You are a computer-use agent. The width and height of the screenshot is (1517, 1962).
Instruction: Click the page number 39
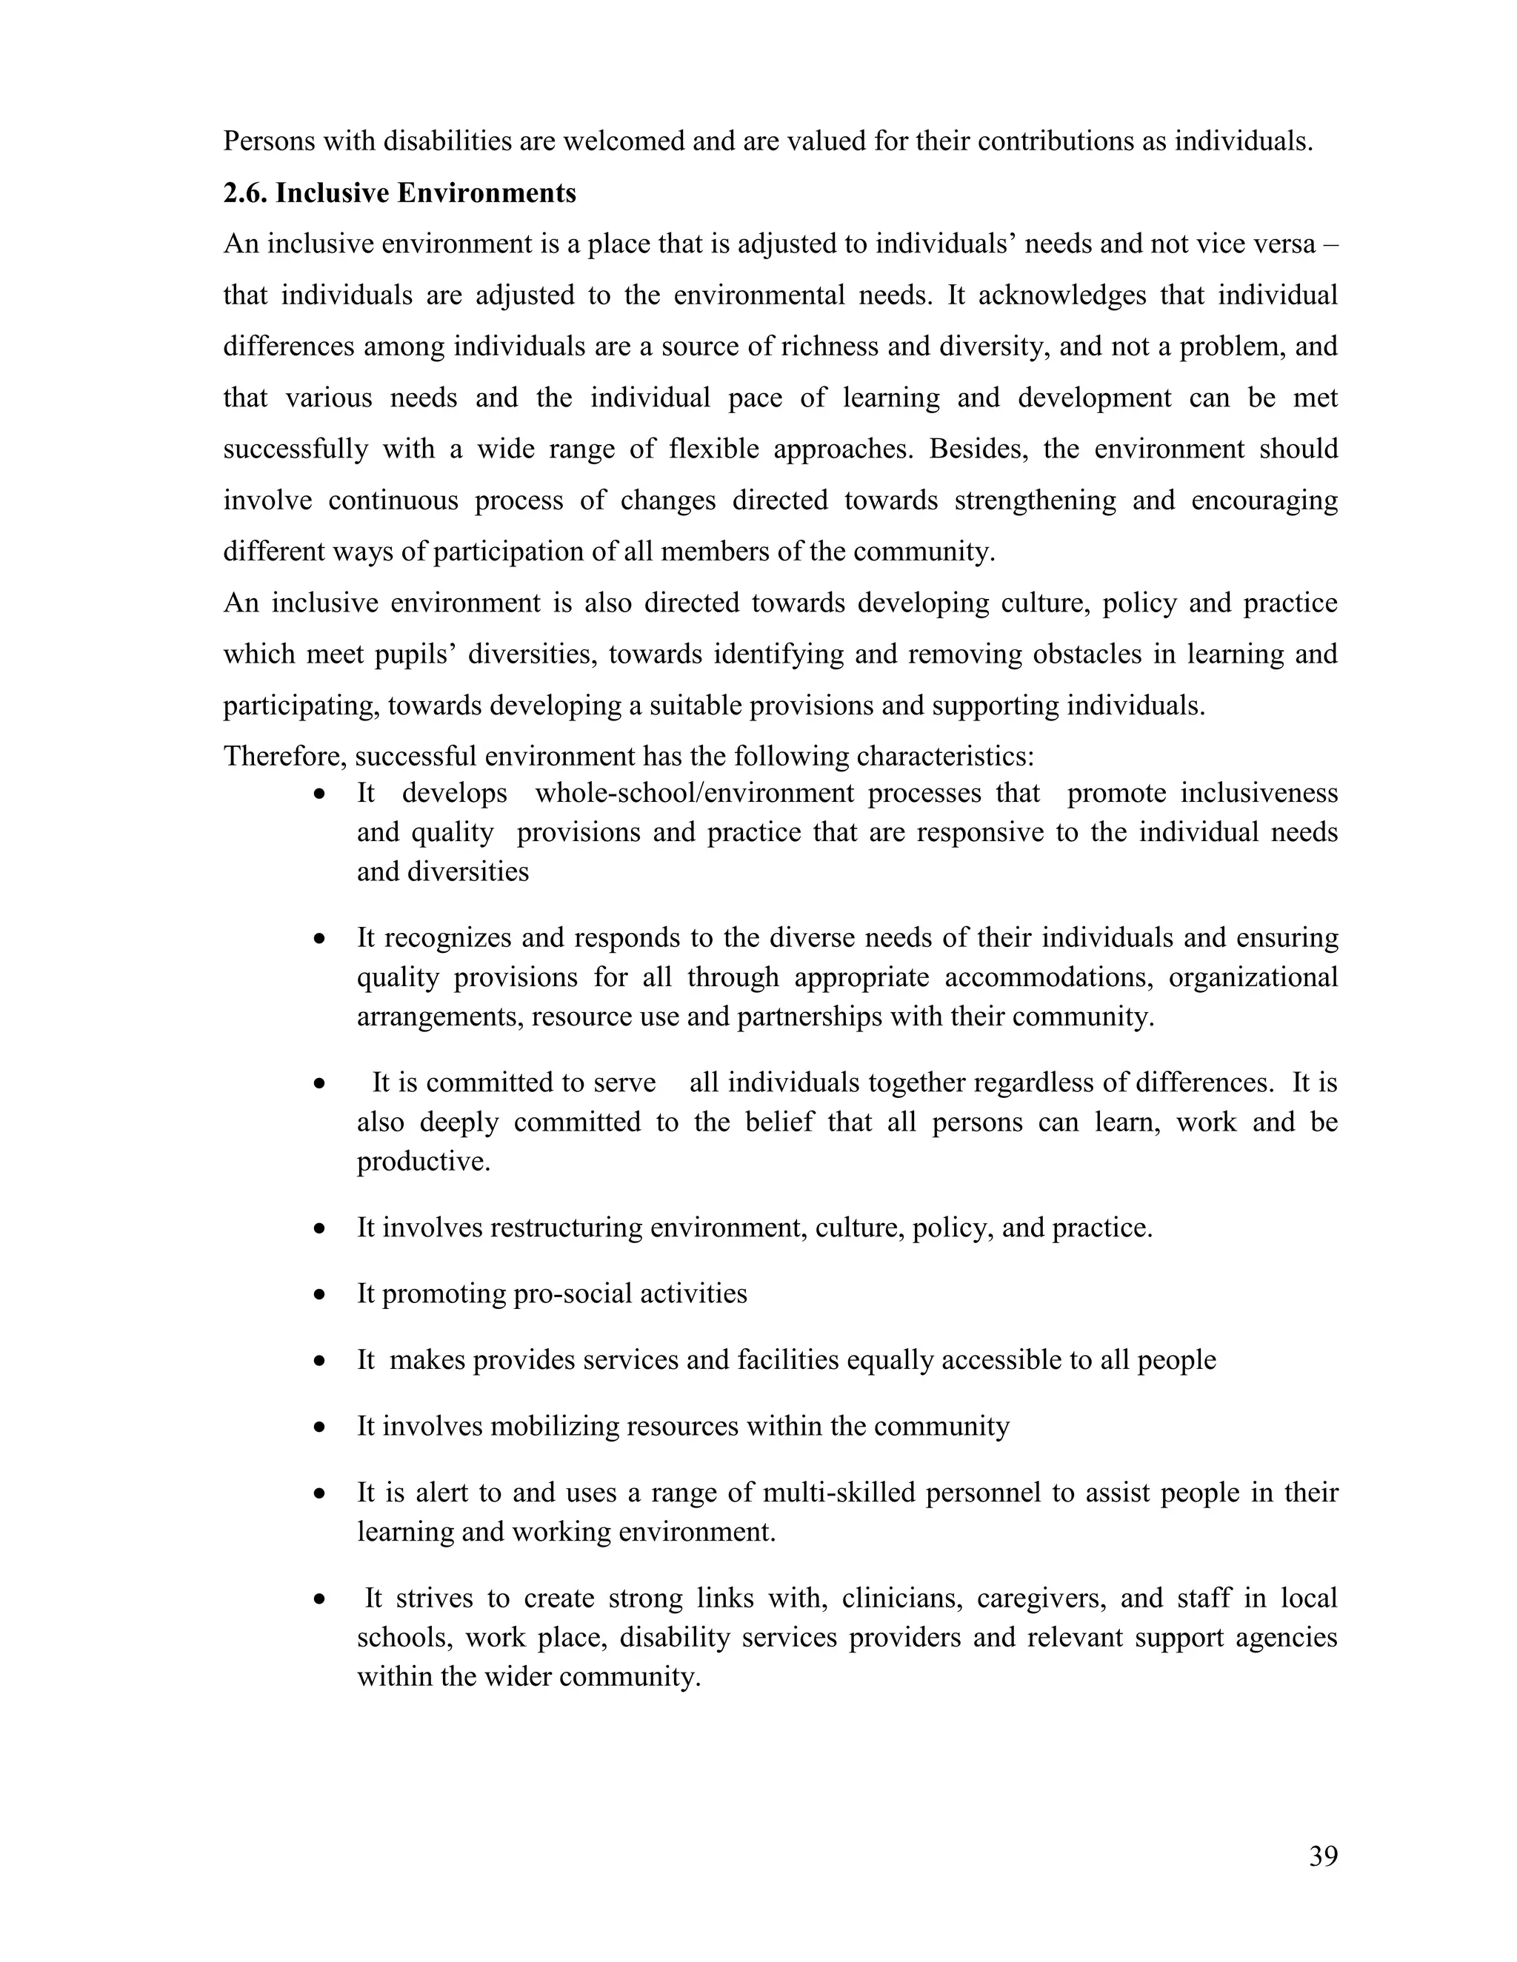tap(1323, 1856)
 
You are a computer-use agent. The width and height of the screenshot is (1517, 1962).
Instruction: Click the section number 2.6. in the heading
tap(245, 193)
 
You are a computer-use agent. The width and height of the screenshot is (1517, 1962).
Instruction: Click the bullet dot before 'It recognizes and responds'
tap(319, 939)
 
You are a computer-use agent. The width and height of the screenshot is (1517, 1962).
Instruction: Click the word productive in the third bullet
tap(422, 1162)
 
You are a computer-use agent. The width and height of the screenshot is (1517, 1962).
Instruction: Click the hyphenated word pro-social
tap(573, 1294)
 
